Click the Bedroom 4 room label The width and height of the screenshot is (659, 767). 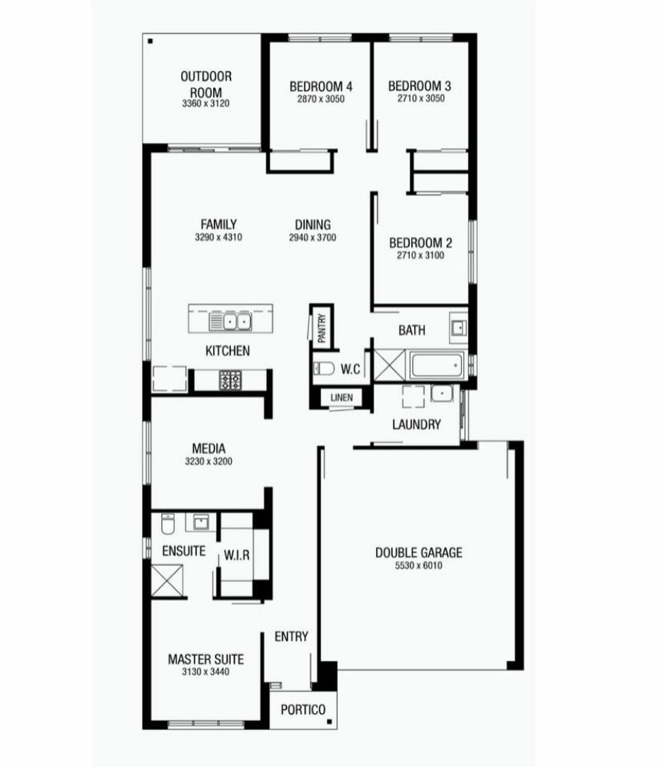[321, 87]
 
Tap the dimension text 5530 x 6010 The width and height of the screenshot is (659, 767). [418, 566]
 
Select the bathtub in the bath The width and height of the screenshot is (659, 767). [437, 365]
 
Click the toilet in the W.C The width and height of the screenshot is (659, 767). [324, 368]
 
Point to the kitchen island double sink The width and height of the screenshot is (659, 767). [230, 322]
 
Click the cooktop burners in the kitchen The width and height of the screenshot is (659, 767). [230, 380]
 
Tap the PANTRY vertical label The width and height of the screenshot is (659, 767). [321, 328]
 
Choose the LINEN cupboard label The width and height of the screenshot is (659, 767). [341, 397]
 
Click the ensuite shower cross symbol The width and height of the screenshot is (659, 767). [166, 581]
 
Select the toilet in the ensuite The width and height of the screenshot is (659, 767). [168, 524]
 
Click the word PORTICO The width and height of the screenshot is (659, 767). [303, 709]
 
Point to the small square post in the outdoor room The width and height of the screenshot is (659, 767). [150, 41]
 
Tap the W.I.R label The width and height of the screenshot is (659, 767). [237, 555]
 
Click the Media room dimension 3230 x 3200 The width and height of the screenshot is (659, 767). [209, 461]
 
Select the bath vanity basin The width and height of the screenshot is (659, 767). [459, 328]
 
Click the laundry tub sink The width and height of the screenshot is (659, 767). [441, 393]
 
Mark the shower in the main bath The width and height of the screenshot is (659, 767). [390, 365]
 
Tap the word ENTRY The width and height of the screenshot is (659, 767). [291, 637]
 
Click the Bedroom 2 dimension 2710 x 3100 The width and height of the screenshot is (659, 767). [420, 255]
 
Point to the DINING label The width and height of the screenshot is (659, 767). [312, 225]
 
